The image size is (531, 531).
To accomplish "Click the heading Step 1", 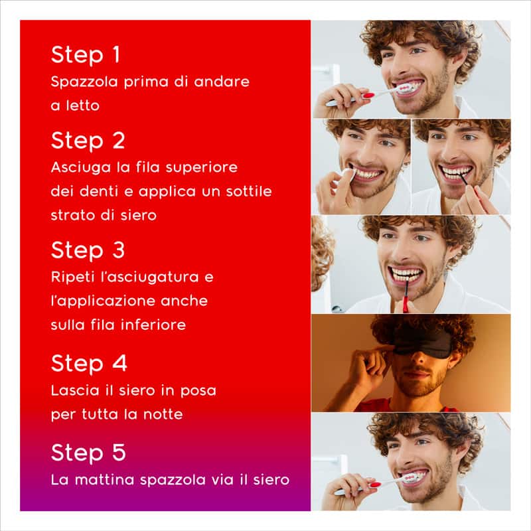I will click(x=85, y=55).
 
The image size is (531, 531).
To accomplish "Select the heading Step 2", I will click(x=88, y=141).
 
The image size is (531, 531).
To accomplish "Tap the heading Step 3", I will click(x=88, y=250).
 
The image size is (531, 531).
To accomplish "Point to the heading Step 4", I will click(x=88, y=364).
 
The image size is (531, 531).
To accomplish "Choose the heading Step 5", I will click(x=88, y=453).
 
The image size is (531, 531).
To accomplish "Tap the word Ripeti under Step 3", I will click(x=70, y=277).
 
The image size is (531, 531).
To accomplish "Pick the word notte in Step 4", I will click(x=163, y=414).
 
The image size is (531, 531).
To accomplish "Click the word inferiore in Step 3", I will click(x=151, y=325).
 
